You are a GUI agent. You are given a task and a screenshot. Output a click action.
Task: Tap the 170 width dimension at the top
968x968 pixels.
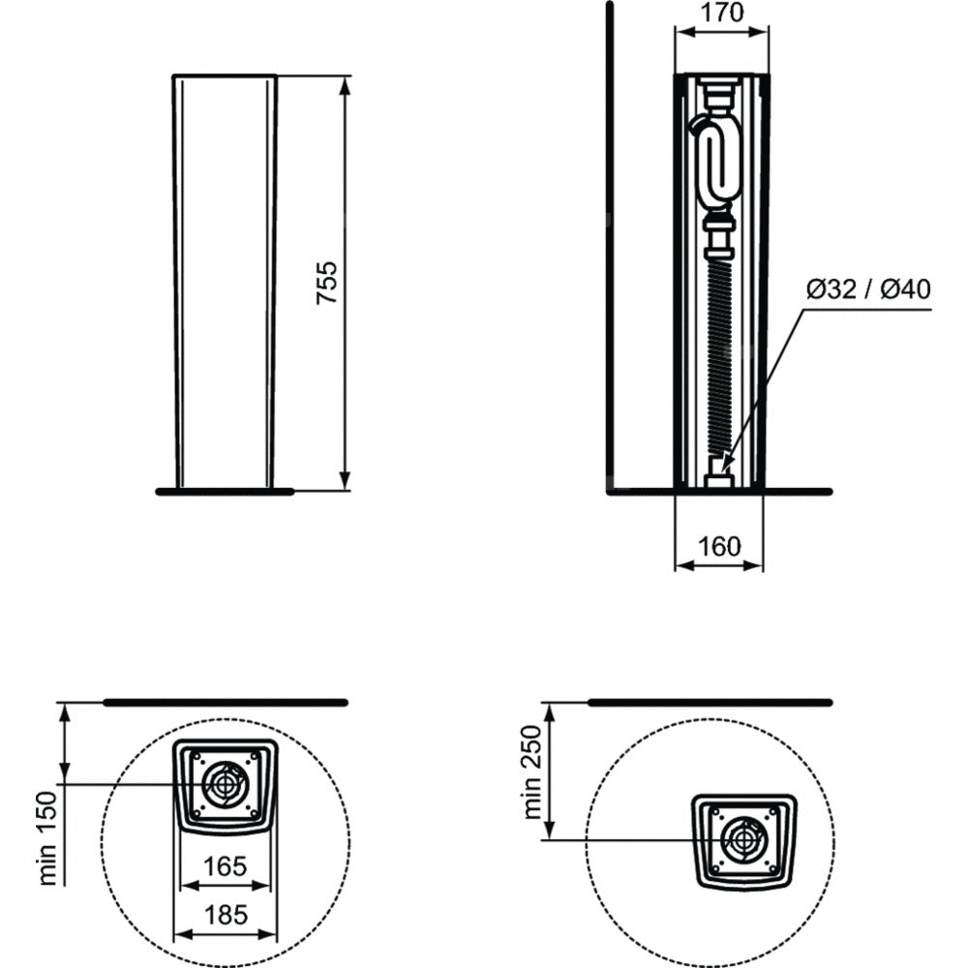(722, 13)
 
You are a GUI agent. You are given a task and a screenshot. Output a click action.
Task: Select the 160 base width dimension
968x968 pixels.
(719, 546)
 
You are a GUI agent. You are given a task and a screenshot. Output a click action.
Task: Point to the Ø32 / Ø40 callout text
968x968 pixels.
(868, 288)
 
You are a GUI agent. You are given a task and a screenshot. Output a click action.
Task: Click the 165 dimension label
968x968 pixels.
(225, 866)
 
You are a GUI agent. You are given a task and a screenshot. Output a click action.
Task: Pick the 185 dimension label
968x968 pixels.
(226, 915)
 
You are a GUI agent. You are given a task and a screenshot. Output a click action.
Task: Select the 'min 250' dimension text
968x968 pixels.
(532, 772)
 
